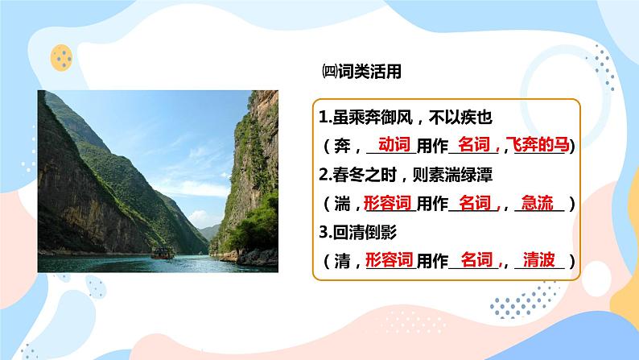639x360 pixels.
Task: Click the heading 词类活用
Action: [x=369, y=72]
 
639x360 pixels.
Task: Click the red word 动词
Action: [x=394, y=144]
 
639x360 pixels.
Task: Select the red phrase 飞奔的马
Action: [x=537, y=144]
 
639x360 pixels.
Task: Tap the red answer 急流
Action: [x=538, y=203]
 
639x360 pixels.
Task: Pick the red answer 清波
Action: [x=538, y=259]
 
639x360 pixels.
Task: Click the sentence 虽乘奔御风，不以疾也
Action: [x=406, y=118]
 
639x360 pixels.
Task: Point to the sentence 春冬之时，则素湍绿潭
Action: [x=406, y=175]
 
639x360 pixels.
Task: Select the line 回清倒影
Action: [x=358, y=233]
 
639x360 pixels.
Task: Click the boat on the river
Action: [x=163, y=253]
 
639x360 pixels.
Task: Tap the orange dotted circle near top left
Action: [x=61, y=57]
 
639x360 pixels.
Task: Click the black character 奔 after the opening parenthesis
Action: [x=342, y=146]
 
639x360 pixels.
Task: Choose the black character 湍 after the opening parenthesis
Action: [x=342, y=204]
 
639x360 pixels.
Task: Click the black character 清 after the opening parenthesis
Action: [x=342, y=261]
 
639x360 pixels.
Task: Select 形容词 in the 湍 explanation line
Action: [x=388, y=203]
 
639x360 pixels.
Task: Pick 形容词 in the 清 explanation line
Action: [x=390, y=259]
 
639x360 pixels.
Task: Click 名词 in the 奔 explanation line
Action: [x=474, y=144]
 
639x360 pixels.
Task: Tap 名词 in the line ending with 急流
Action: [x=475, y=203]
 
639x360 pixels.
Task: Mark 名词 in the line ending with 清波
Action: [x=476, y=259]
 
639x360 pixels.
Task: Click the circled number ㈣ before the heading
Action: [x=329, y=72]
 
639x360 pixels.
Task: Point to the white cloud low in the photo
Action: [x=200, y=218]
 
